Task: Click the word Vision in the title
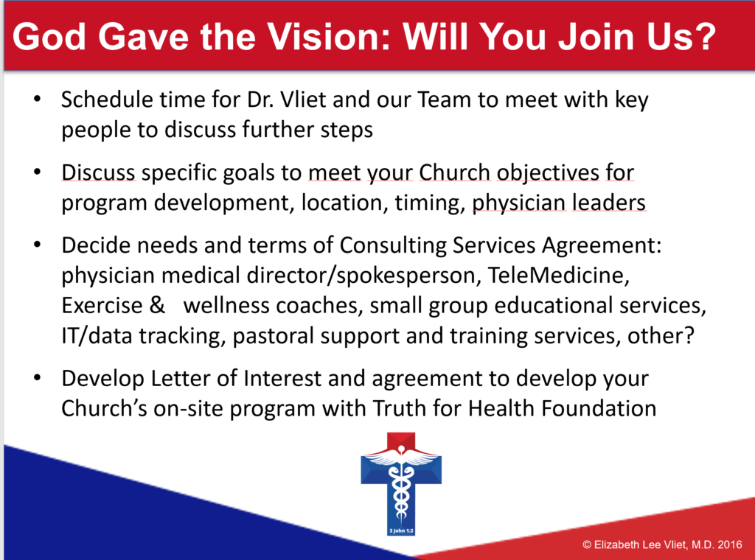[328, 37]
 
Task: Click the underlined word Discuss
[98, 172]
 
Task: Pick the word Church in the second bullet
[454, 172]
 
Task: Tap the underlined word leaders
[608, 202]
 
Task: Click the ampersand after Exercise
[157, 306]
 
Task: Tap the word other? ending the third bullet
[661, 335]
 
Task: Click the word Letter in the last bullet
[181, 379]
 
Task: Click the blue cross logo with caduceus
[401, 483]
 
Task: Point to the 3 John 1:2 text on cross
[401, 531]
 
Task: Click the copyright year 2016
[729, 545]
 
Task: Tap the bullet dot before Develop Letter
[38, 378]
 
